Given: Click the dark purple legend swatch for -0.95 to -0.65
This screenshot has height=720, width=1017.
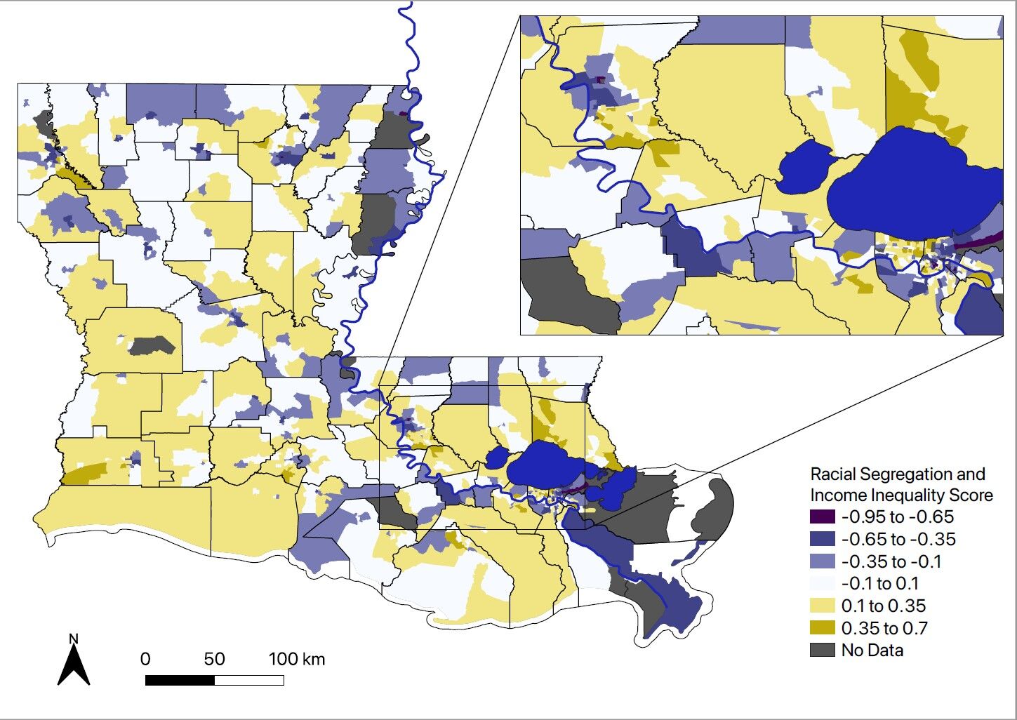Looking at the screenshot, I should click(823, 517).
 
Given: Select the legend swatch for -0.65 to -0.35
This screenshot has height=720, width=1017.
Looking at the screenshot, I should click(823, 540).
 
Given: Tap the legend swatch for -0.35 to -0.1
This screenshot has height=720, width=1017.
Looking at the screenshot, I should click(823, 561).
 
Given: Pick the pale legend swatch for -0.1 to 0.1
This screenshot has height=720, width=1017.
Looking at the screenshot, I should click(823, 584).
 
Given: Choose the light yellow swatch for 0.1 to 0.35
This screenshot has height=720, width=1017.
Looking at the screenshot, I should click(823, 606).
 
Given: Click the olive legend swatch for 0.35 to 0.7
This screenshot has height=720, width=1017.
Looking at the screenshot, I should click(823, 628).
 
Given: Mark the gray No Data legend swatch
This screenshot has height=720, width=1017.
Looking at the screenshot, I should click(823, 650).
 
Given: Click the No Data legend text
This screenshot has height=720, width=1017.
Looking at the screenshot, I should click(872, 651).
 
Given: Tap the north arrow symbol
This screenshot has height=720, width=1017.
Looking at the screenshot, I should click(74, 665).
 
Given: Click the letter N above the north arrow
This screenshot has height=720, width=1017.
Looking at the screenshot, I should click(74, 639).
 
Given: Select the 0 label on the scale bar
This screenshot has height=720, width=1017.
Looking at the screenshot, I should click(145, 659).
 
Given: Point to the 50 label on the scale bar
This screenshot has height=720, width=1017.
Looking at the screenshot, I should click(214, 659).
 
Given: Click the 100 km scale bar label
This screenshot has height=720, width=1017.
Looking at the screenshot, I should click(297, 659).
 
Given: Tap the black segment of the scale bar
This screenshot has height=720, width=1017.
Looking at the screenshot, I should click(180, 680).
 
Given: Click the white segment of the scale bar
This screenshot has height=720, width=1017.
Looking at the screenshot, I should click(249, 680).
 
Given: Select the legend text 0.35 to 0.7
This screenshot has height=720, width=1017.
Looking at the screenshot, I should click(884, 628).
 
